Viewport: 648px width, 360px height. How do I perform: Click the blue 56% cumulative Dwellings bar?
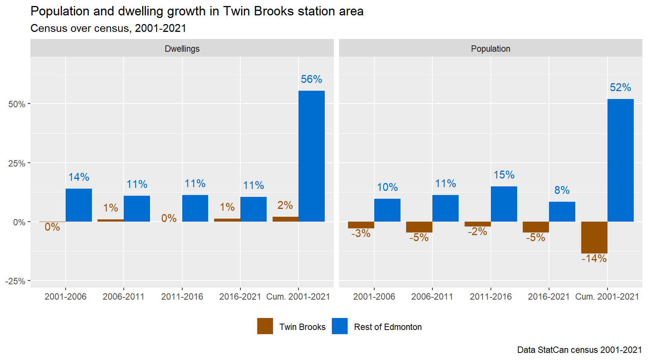point(311,156)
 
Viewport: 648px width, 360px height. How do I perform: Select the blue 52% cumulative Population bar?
point(620,160)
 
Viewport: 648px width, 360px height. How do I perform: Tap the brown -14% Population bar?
point(594,237)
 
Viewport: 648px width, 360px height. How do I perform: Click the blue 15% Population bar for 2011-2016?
point(504,204)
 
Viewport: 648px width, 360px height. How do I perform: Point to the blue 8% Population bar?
point(562,211)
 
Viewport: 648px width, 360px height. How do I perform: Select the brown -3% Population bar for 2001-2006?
point(361,225)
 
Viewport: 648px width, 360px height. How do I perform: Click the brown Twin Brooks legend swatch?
point(265,326)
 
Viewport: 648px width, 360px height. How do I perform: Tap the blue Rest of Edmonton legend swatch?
point(340,326)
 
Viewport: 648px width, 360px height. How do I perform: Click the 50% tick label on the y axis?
point(17,104)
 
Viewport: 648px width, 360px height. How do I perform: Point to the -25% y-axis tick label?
point(15,281)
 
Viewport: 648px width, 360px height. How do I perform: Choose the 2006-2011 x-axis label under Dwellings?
point(123,297)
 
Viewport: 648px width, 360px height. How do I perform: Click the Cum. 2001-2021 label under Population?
point(607,297)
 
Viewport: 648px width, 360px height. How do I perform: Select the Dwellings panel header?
point(182,48)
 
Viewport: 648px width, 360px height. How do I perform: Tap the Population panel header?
point(490,48)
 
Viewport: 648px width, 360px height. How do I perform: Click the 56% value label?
point(311,79)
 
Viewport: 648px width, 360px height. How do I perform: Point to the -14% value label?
point(594,258)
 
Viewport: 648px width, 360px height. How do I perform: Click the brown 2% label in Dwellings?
point(285,205)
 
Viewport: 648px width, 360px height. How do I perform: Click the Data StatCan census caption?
point(579,350)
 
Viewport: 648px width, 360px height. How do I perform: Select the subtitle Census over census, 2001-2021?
point(108,28)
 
